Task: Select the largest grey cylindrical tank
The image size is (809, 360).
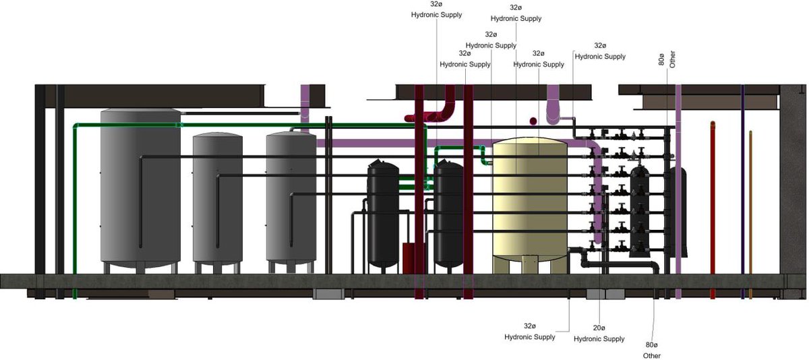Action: [140, 188]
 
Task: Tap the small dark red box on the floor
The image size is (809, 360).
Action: [409, 258]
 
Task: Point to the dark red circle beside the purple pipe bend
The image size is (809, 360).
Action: [533, 121]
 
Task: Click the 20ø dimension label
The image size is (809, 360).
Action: [599, 328]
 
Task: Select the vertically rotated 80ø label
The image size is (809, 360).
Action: [661, 59]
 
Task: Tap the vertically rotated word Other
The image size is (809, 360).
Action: [672, 59]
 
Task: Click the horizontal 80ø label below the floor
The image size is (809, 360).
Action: [651, 345]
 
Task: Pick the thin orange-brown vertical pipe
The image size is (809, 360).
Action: [750, 215]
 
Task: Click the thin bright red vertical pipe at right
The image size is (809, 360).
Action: [713, 210]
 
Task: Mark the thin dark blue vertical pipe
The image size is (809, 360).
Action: [742, 191]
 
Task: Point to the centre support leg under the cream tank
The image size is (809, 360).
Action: [530, 265]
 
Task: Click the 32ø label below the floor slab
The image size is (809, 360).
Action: [529, 326]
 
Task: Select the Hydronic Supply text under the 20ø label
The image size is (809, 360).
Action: [599, 339]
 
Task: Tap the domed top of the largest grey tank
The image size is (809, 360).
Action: [140, 110]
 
